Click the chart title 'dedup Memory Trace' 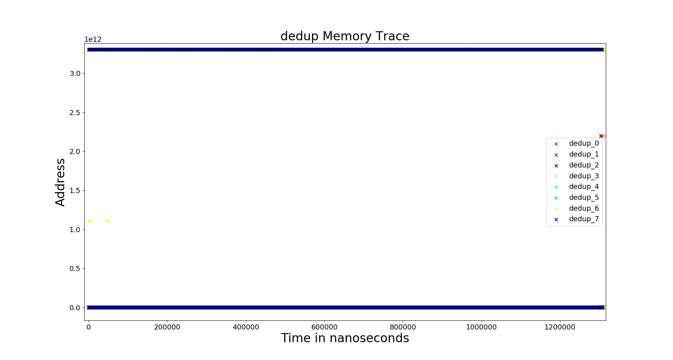point(345,36)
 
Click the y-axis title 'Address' point(60,182)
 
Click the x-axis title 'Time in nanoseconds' point(345,338)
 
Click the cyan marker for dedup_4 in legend point(556,187)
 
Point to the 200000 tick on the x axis point(167,327)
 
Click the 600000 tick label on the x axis point(324,327)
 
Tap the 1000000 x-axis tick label point(481,327)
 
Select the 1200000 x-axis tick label point(560,327)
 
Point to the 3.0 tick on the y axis point(75,74)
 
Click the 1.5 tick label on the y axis point(75,191)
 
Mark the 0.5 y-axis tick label point(75,269)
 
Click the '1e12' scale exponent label point(93,40)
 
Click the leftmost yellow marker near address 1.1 point(90,221)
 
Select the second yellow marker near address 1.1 point(107,221)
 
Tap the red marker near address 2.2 point(600,136)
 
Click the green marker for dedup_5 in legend point(556,198)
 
